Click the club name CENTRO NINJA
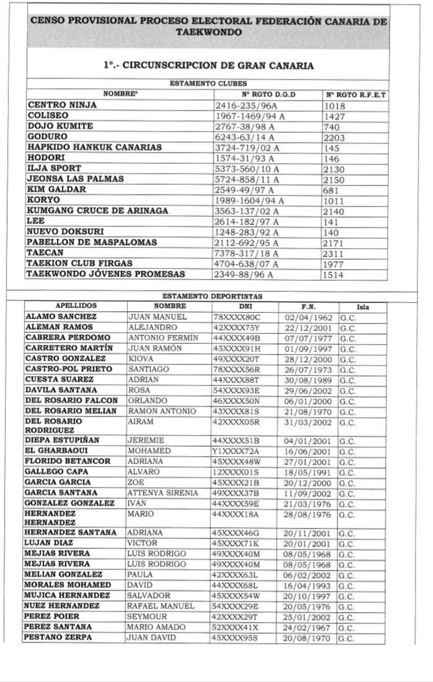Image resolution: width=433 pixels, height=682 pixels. (x=62, y=105)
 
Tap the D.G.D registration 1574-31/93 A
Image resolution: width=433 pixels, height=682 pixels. (x=244, y=159)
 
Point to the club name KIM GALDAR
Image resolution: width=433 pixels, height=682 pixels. (x=57, y=189)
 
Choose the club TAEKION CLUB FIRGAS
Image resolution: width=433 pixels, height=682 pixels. (x=79, y=263)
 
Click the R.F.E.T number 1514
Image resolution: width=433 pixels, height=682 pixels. (x=333, y=275)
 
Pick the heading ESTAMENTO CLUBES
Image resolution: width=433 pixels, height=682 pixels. (x=208, y=84)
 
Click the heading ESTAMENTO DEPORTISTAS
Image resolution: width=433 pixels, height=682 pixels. (x=213, y=296)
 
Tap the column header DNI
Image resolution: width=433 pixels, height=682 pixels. (x=246, y=306)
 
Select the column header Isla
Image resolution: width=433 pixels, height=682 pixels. (x=363, y=307)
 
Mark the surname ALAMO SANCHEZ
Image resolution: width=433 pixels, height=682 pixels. (x=61, y=316)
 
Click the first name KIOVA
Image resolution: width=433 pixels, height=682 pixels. (x=141, y=358)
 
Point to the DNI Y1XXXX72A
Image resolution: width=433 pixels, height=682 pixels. (x=236, y=451)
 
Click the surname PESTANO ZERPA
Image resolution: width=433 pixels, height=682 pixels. (x=58, y=637)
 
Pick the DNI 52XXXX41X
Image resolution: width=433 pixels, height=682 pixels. (x=236, y=628)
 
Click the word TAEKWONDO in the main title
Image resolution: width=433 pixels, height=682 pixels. (x=209, y=33)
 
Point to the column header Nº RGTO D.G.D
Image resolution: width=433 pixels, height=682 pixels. (x=268, y=95)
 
